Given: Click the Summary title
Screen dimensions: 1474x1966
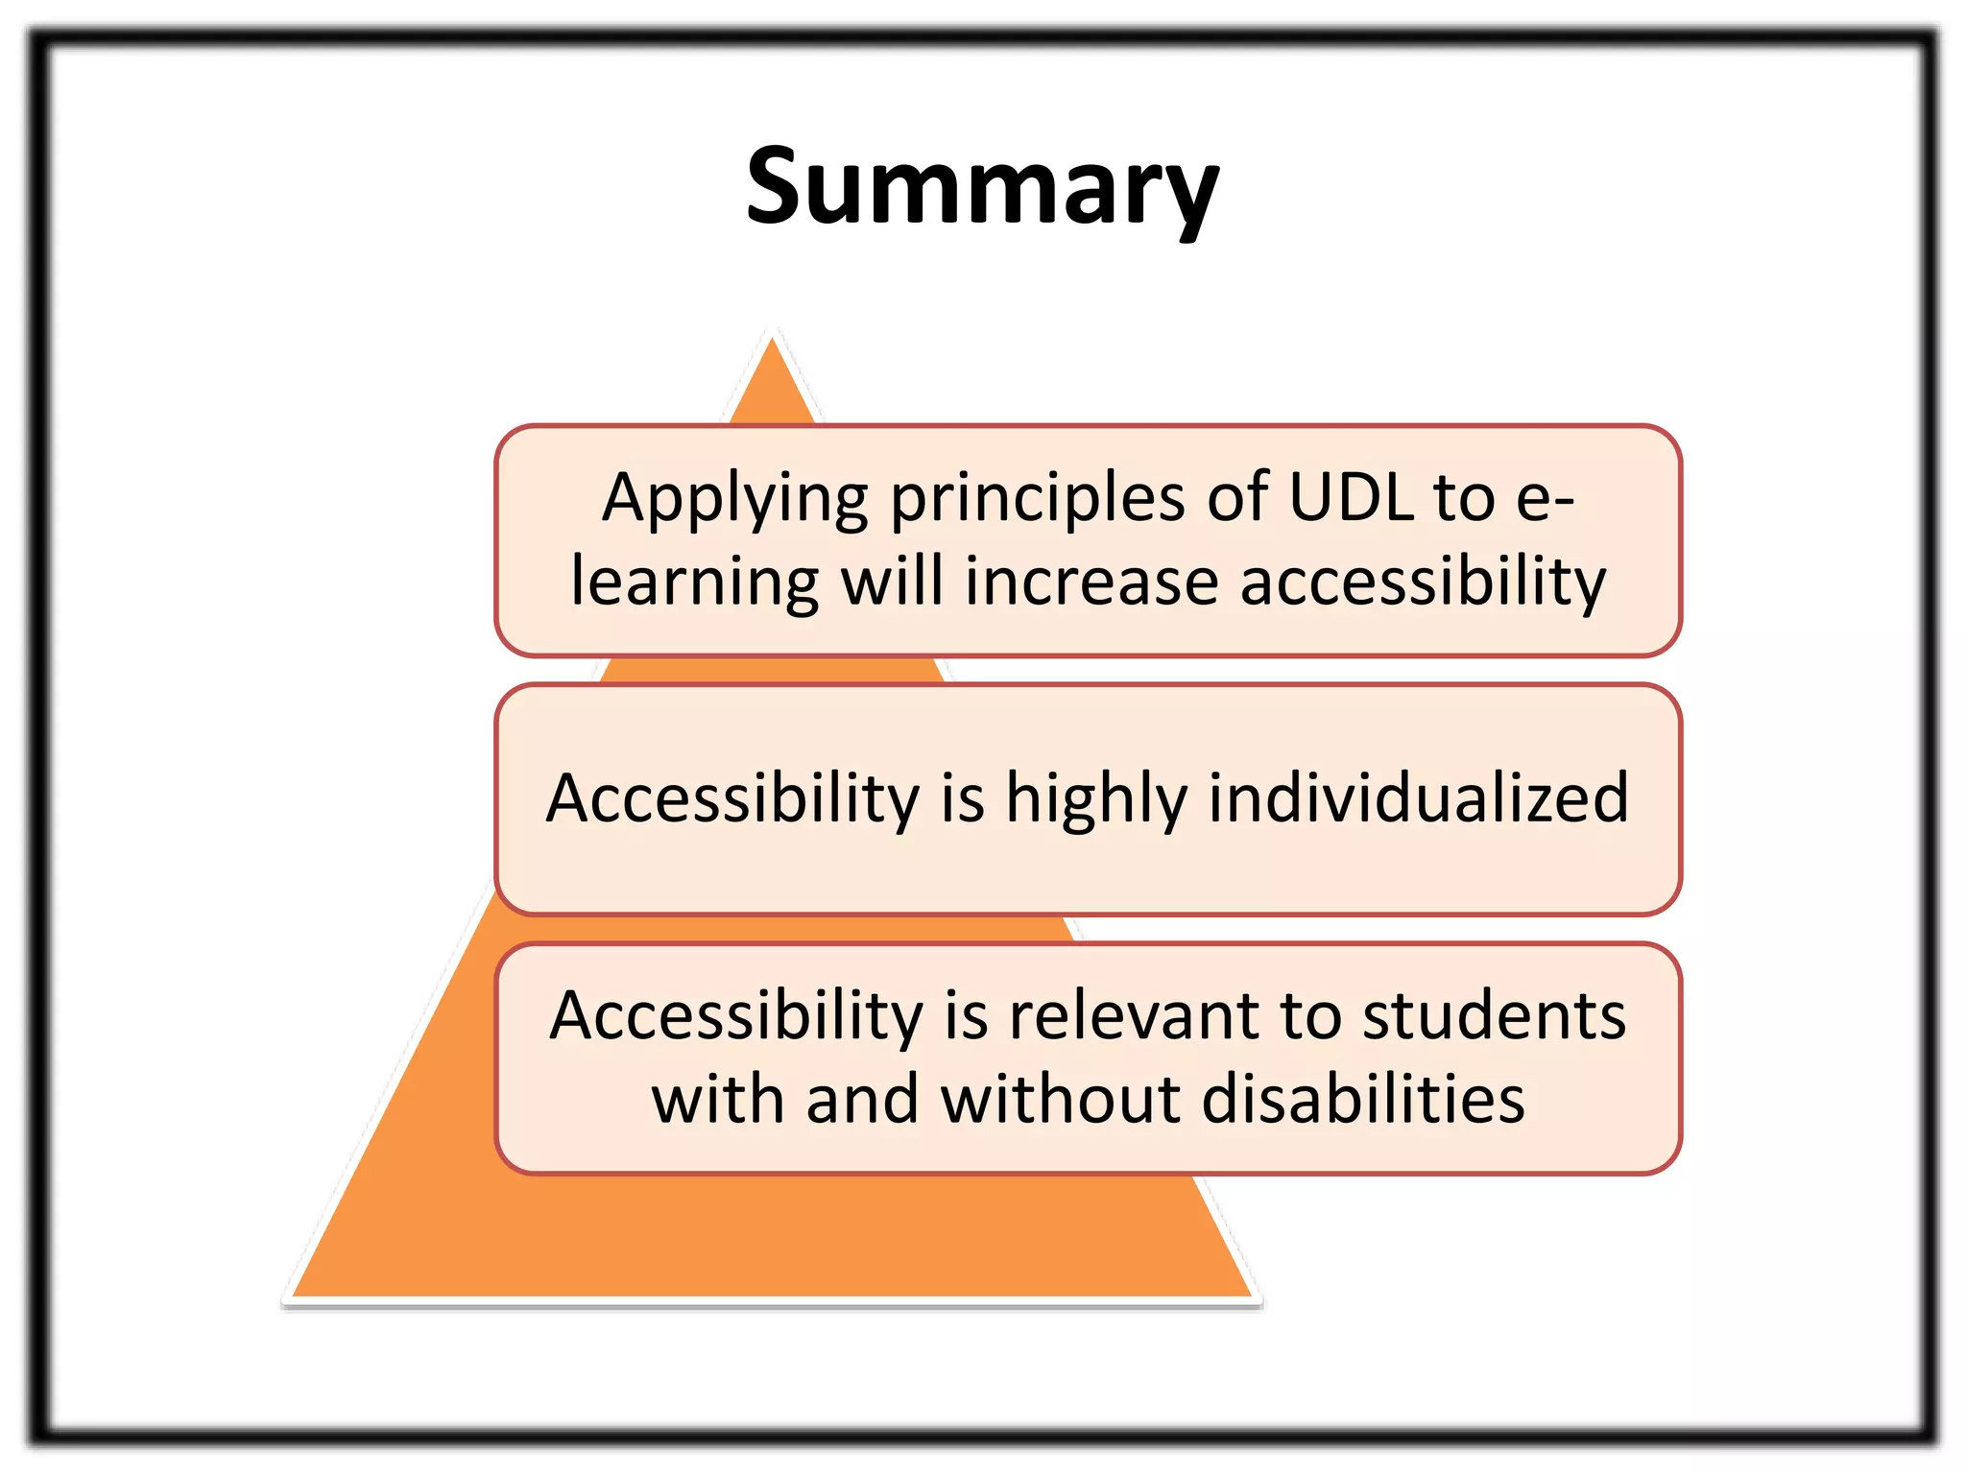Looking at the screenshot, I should (982, 187).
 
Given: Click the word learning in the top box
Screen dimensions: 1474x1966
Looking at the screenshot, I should (694, 582).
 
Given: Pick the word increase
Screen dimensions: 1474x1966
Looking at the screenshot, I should (1091, 582).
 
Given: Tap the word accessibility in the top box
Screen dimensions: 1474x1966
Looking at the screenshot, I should (1423, 582).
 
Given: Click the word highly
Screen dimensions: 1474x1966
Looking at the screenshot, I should (1095, 799).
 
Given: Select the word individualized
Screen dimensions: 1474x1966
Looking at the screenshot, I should (1418, 797).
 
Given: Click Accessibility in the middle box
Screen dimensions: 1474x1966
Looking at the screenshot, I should (732, 797).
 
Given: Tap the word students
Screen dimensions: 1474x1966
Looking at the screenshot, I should (1494, 1016).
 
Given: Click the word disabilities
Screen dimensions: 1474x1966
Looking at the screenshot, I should (1363, 1099).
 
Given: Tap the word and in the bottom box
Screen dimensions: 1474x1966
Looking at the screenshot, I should (862, 1099).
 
